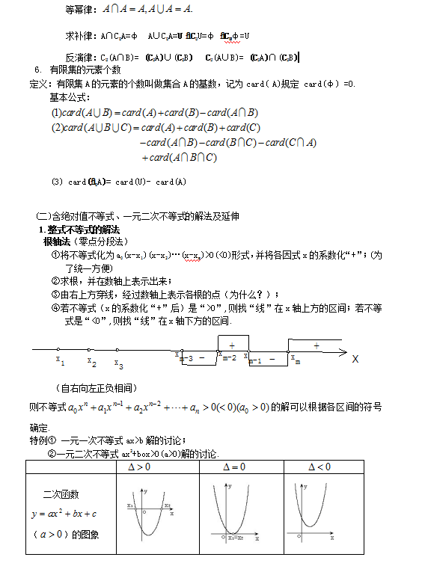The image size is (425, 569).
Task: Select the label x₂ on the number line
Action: pos(91,363)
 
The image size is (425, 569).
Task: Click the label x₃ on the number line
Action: pos(119,365)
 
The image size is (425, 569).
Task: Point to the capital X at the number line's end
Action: pos(355,359)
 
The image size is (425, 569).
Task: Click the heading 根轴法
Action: pos(55,242)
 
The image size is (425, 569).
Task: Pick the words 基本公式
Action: pos(70,97)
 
